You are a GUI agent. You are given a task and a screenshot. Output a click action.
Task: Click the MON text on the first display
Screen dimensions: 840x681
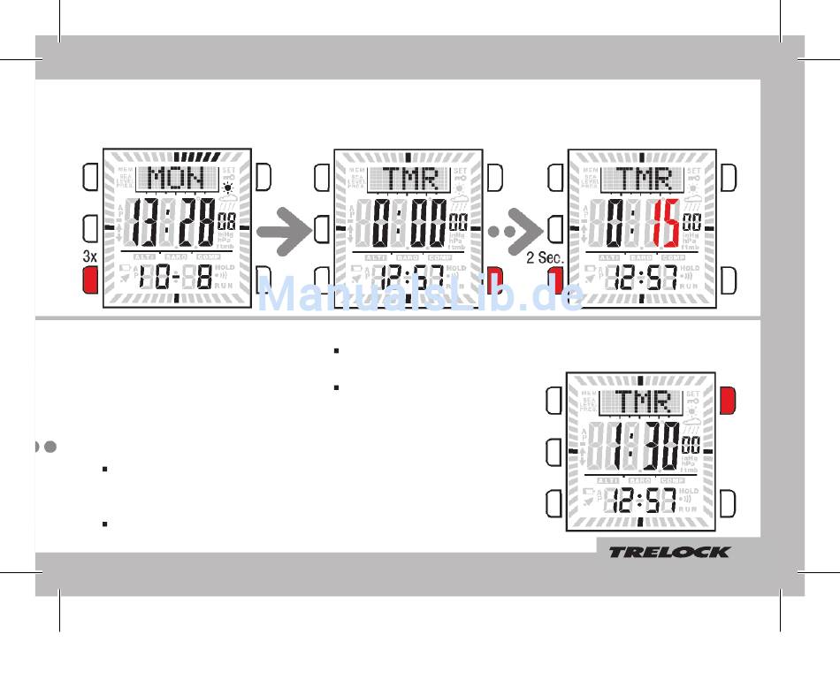click(176, 179)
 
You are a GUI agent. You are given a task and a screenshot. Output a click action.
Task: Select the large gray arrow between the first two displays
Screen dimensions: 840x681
click(286, 229)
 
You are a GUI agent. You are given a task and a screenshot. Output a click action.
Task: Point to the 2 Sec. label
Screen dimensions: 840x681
click(545, 257)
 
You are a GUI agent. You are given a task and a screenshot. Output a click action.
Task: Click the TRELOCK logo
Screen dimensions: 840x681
click(668, 552)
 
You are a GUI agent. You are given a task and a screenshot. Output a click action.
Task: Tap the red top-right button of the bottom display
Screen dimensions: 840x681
click(728, 400)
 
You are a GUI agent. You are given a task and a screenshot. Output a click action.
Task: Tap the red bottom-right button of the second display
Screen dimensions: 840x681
click(494, 280)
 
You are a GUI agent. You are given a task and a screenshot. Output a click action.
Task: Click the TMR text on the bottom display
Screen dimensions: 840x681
click(642, 402)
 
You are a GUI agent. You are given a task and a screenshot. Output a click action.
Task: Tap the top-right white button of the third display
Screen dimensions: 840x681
click(728, 178)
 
